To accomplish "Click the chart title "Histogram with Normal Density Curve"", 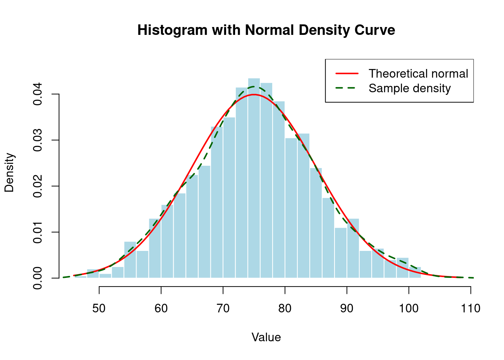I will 266,30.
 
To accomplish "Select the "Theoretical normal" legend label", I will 418,73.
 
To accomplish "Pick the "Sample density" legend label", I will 409,88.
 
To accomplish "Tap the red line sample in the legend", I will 347,73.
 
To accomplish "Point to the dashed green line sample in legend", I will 347,88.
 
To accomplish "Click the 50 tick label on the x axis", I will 99,309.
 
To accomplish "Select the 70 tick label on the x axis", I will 223,309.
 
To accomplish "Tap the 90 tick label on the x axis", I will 347,309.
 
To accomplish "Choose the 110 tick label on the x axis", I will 471,309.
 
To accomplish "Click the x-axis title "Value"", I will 266,337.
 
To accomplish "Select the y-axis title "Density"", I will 9,172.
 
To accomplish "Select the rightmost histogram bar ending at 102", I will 415,273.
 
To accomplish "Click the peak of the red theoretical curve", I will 254,94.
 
